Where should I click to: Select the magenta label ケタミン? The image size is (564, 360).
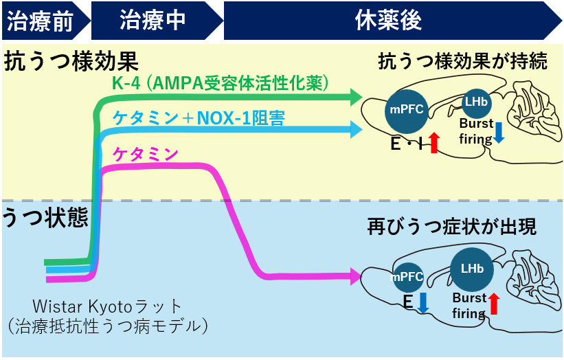pyautogui.click(x=146, y=154)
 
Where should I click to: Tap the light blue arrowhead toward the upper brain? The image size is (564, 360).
pyautogui.click(x=355, y=128)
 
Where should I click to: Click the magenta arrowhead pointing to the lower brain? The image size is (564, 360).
pyautogui.click(x=355, y=277)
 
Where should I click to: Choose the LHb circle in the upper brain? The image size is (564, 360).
pyautogui.click(x=475, y=102)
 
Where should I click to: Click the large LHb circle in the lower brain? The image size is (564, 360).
pyautogui.click(x=471, y=269)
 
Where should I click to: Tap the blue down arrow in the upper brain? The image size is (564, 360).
pyautogui.click(x=499, y=132)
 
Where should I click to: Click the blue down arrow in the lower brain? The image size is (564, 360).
pyautogui.click(x=422, y=303)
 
